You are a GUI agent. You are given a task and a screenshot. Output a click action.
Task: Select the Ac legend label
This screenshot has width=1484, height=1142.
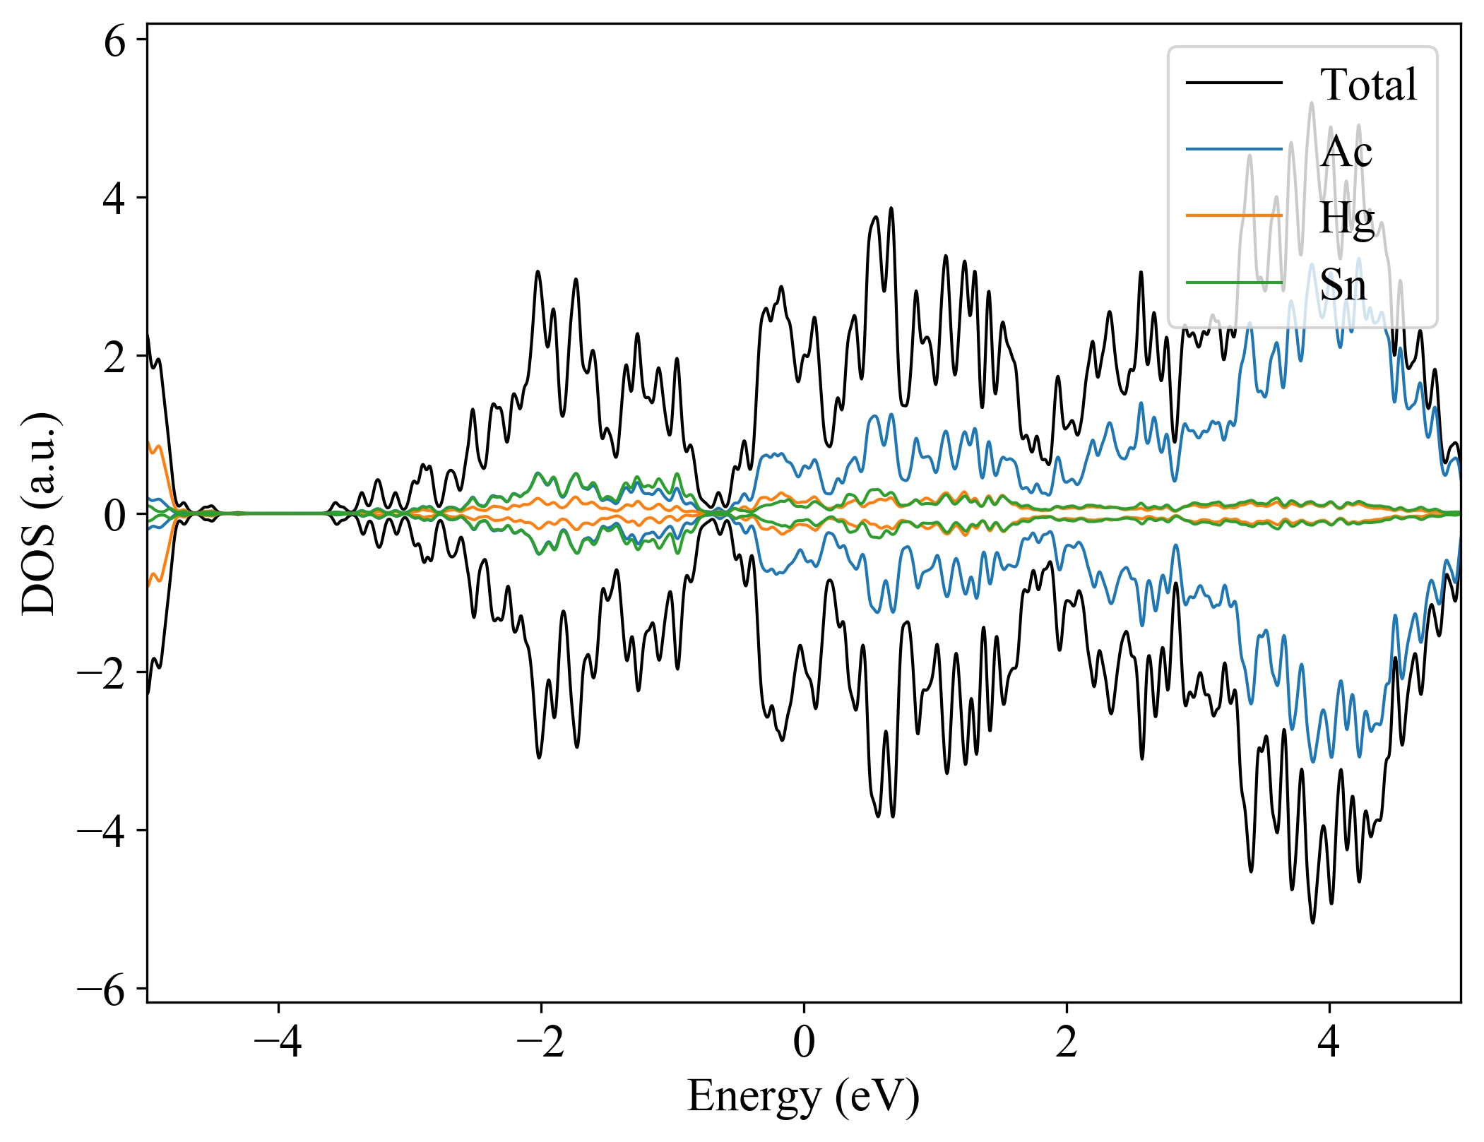tap(1346, 151)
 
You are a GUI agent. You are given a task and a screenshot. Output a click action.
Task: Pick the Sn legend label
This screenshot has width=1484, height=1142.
tap(1343, 285)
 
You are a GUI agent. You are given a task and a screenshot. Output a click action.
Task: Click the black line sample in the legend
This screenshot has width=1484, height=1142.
tap(1234, 83)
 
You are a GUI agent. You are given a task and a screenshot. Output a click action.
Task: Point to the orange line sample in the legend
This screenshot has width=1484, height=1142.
tap(1234, 215)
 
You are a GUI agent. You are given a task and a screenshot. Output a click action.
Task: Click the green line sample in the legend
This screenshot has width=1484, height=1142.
tap(1234, 282)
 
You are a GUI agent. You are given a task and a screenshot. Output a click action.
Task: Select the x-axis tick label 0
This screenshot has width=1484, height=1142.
tap(804, 1041)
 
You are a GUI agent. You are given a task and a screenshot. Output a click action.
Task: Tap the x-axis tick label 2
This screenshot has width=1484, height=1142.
tap(1067, 1041)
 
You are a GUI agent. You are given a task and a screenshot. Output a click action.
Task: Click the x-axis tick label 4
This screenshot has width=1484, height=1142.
tap(1329, 1041)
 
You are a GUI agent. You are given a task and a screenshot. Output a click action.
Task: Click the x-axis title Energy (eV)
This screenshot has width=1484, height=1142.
tap(803, 1098)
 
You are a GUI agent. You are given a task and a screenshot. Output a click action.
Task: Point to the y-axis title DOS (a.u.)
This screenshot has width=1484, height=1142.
tap(40, 513)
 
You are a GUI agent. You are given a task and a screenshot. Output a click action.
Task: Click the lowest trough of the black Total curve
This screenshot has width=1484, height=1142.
tap(1313, 922)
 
